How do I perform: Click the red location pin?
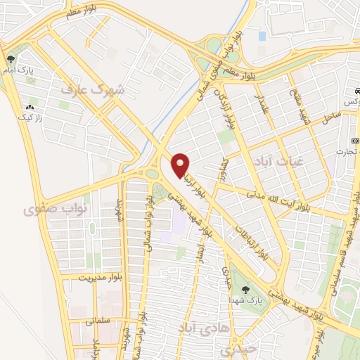point(181,165)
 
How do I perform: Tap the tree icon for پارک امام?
point(10,59)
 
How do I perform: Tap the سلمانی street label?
point(99,320)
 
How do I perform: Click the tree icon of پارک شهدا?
point(245,289)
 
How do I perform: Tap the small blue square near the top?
point(262,35)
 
